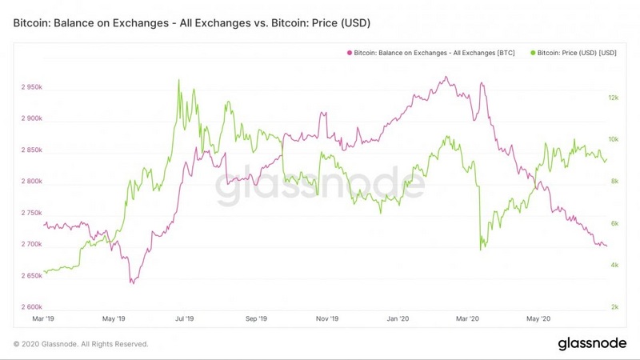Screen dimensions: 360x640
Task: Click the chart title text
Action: click(x=192, y=24)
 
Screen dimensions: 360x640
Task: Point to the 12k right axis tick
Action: click(x=614, y=98)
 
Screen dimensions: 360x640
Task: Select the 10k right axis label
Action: click(x=614, y=139)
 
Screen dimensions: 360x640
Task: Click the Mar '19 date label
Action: click(x=44, y=318)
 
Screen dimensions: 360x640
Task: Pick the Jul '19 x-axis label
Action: click(x=186, y=318)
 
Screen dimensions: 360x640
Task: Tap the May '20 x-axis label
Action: click(x=539, y=318)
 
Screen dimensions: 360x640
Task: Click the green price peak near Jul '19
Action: click(x=178, y=80)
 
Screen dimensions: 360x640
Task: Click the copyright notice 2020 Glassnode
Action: click(x=81, y=344)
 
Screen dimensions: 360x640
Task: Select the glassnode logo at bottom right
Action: click(x=591, y=343)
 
